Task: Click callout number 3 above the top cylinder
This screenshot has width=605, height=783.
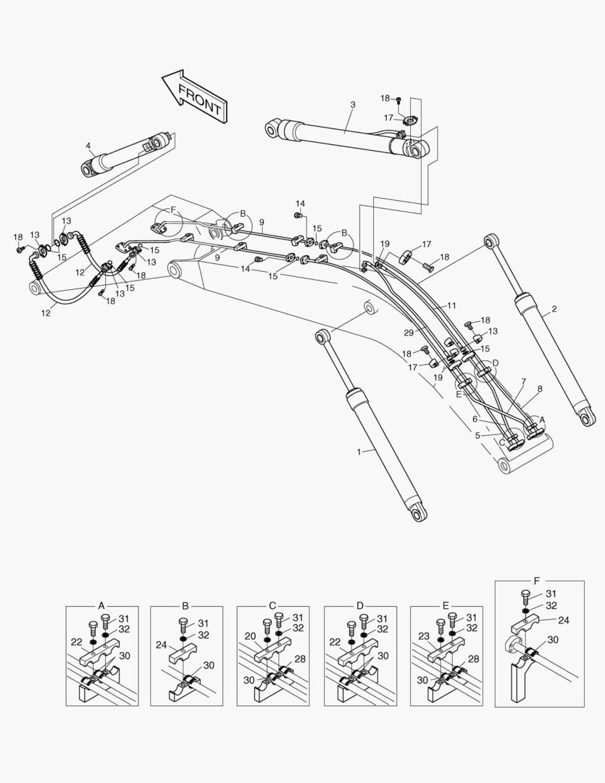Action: tap(353, 105)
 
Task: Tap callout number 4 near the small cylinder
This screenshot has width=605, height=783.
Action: tap(88, 146)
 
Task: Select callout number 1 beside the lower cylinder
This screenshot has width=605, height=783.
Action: tap(359, 451)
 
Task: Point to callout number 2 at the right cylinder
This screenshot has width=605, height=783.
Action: tap(554, 310)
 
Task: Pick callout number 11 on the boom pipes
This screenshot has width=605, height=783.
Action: tap(452, 306)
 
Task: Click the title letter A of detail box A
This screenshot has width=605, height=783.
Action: tap(101, 605)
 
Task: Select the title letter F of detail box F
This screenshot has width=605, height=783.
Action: tap(536, 581)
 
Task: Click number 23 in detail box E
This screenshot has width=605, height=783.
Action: tap(425, 636)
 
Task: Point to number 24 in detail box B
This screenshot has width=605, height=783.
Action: tap(161, 644)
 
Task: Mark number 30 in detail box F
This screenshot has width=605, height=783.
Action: tap(552, 639)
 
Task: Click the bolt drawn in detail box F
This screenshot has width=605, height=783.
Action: tap(525, 597)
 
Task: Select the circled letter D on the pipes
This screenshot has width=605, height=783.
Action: tap(496, 362)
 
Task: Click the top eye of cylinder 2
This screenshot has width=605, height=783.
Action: tap(492, 239)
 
